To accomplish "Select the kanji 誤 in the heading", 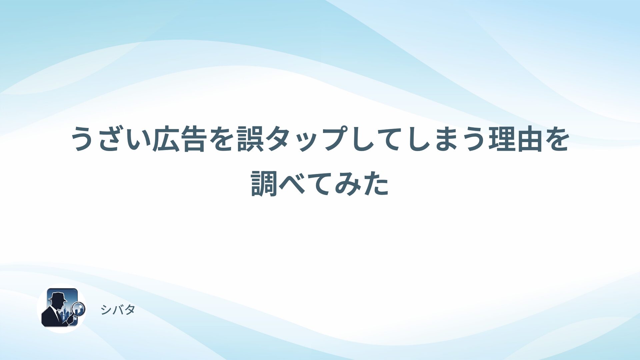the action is pos(250,139).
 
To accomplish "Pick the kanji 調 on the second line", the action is pos(264,183).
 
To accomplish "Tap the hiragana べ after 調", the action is pos(292,183).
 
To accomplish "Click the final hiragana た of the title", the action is pos(376,183).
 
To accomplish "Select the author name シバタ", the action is pos(118,310).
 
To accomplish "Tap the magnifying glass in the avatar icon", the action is pos(79,309).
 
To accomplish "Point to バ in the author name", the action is pos(118,310).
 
